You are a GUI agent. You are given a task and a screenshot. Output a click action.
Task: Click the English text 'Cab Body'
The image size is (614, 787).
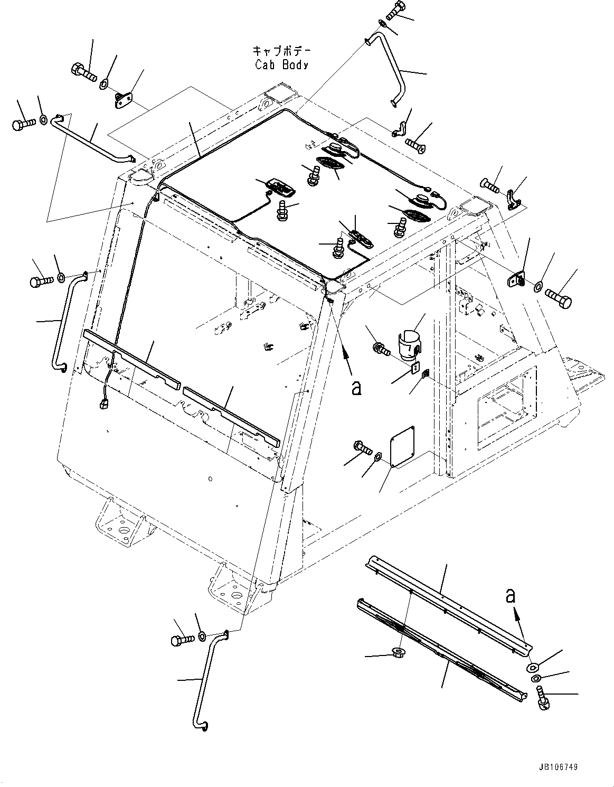[281, 64]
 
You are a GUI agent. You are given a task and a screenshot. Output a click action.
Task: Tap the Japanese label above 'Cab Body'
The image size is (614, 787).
[281, 51]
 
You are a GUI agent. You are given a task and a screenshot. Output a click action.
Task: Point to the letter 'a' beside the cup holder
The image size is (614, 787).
[357, 388]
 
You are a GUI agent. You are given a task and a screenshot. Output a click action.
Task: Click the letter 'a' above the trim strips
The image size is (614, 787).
[510, 596]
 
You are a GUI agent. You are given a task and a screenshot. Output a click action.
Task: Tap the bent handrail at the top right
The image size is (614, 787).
[390, 69]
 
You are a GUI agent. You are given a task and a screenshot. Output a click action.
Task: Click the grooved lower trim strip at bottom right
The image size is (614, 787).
[438, 644]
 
